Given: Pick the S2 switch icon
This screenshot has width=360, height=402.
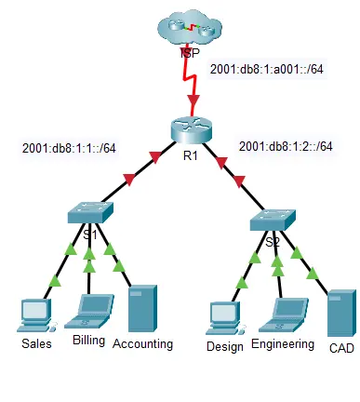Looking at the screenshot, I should pos(273,221).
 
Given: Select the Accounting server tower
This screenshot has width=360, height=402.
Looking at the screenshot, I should pos(142,307).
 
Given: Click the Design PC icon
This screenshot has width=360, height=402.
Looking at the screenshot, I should pos(225,317).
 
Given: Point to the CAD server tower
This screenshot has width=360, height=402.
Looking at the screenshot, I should pos(340,315).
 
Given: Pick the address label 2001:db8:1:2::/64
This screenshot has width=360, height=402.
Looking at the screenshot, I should pos(286,146).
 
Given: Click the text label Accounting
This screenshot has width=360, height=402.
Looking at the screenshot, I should pos(142,343).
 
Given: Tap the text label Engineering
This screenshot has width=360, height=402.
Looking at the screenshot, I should pos(283,345).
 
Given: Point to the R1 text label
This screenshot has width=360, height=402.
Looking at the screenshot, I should pos(191,155).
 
